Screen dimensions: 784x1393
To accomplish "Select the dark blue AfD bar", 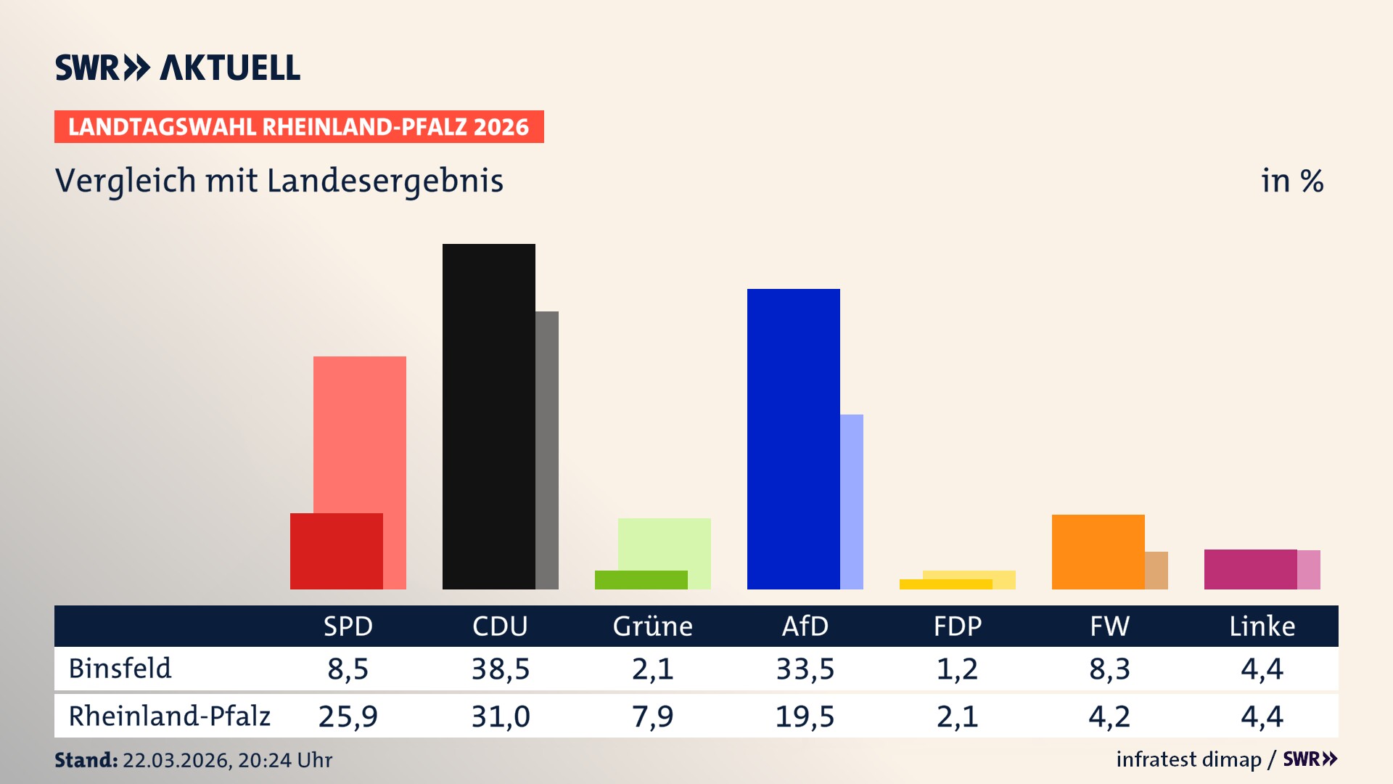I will (793, 438).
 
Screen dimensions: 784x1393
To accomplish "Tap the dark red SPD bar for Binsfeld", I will (336, 551).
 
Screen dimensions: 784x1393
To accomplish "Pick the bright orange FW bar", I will (1098, 552).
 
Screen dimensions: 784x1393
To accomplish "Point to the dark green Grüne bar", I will (641, 580).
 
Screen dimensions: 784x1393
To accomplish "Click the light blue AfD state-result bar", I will (852, 501).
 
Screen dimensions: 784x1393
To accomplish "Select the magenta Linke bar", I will (1250, 569).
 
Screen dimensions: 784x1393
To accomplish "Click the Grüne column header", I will (652, 626).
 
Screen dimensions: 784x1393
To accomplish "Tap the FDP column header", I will (957, 626).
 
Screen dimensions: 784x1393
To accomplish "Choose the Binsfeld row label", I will (120, 669).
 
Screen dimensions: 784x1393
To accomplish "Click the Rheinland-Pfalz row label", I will (169, 716).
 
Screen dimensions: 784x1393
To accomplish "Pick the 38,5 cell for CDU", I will (500, 669).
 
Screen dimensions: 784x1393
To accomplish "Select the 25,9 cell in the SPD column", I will (348, 716).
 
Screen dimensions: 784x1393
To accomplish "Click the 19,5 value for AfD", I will (805, 716).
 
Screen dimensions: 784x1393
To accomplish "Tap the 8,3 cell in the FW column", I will (1109, 669).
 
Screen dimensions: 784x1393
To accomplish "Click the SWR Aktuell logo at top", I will (178, 68).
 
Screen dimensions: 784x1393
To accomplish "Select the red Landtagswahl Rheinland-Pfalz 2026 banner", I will (299, 127).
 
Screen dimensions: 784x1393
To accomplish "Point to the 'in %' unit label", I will (1291, 181).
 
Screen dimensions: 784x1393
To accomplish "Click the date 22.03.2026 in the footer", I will (176, 760).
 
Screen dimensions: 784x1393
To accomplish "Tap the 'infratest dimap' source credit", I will (1188, 759).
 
